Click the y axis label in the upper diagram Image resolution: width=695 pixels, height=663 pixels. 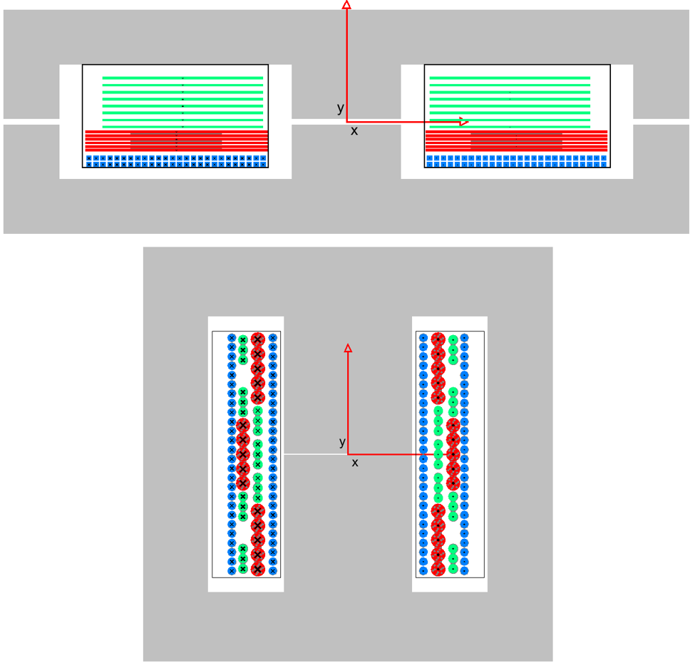tap(341, 108)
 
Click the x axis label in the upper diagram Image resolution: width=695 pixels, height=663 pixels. tap(354, 130)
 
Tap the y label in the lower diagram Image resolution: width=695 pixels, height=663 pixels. tap(342, 442)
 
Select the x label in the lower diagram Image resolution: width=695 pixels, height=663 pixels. tap(354, 463)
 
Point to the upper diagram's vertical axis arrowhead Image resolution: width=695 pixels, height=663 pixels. tap(346, 4)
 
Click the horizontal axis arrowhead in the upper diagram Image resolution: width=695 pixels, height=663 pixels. tap(463, 121)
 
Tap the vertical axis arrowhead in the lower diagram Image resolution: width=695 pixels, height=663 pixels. tap(348, 348)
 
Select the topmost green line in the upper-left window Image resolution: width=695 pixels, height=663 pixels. tap(182, 78)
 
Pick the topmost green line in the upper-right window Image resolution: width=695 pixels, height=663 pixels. tap(510, 78)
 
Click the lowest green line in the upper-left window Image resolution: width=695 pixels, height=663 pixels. tap(182, 127)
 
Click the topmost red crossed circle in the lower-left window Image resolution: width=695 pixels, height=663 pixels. tap(258, 339)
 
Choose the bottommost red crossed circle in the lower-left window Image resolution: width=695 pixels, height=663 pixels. tap(258, 569)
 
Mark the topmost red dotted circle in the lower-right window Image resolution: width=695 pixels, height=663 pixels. tap(438, 339)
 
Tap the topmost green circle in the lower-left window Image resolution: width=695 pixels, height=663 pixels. tap(243, 340)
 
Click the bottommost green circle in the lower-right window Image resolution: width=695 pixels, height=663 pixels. tap(453, 569)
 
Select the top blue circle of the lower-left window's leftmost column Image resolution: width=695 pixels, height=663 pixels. tap(232, 338)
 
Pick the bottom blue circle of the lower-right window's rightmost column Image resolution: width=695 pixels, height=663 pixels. tap(464, 571)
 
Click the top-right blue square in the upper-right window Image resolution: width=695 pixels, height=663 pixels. tap(604, 158)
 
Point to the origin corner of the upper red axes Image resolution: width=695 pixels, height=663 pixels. tap(346, 121)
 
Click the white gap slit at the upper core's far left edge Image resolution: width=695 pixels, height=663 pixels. tap(31, 122)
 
